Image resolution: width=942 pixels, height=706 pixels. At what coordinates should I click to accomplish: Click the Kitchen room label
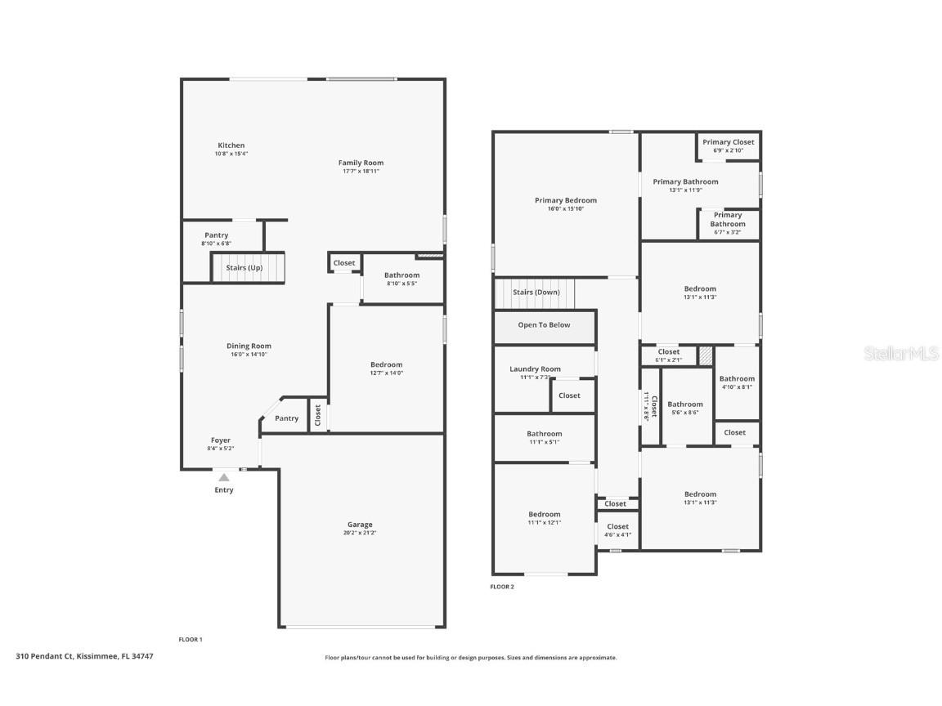pos(231,145)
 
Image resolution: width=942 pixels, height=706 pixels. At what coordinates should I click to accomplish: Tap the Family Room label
pos(361,163)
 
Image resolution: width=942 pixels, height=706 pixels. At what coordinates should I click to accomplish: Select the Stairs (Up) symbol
pos(248,267)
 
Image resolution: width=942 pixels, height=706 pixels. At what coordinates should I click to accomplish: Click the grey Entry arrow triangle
pos(223,476)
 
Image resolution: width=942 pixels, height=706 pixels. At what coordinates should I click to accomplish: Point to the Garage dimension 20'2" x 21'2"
pos(360,533)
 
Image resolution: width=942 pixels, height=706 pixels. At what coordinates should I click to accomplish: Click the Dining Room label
pos(249,346)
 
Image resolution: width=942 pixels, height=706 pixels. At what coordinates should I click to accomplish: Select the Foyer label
pos(221,440)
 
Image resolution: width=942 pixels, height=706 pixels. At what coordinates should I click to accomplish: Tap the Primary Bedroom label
pos(566,200)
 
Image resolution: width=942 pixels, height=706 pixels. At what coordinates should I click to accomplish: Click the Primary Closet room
pos(728,145)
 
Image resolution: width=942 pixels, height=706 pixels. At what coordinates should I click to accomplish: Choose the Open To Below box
pos(544,325)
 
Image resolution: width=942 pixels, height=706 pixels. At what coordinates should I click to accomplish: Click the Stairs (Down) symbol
pos(535,293)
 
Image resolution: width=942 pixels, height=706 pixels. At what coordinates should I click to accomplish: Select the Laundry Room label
pos(535,369)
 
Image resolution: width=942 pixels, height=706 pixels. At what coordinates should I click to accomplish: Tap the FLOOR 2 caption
pos(502,587)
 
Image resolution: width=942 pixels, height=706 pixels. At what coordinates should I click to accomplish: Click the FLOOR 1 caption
pos(191,639)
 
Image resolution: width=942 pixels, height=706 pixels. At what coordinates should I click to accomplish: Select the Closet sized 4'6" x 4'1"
pos(618,530)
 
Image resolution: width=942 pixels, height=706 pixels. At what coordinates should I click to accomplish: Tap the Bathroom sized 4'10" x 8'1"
pos(737,382)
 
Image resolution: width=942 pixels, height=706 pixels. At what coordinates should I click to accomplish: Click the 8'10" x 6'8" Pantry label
pos(217,239)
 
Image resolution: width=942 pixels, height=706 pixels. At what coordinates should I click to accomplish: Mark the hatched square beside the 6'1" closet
pos(705,355)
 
